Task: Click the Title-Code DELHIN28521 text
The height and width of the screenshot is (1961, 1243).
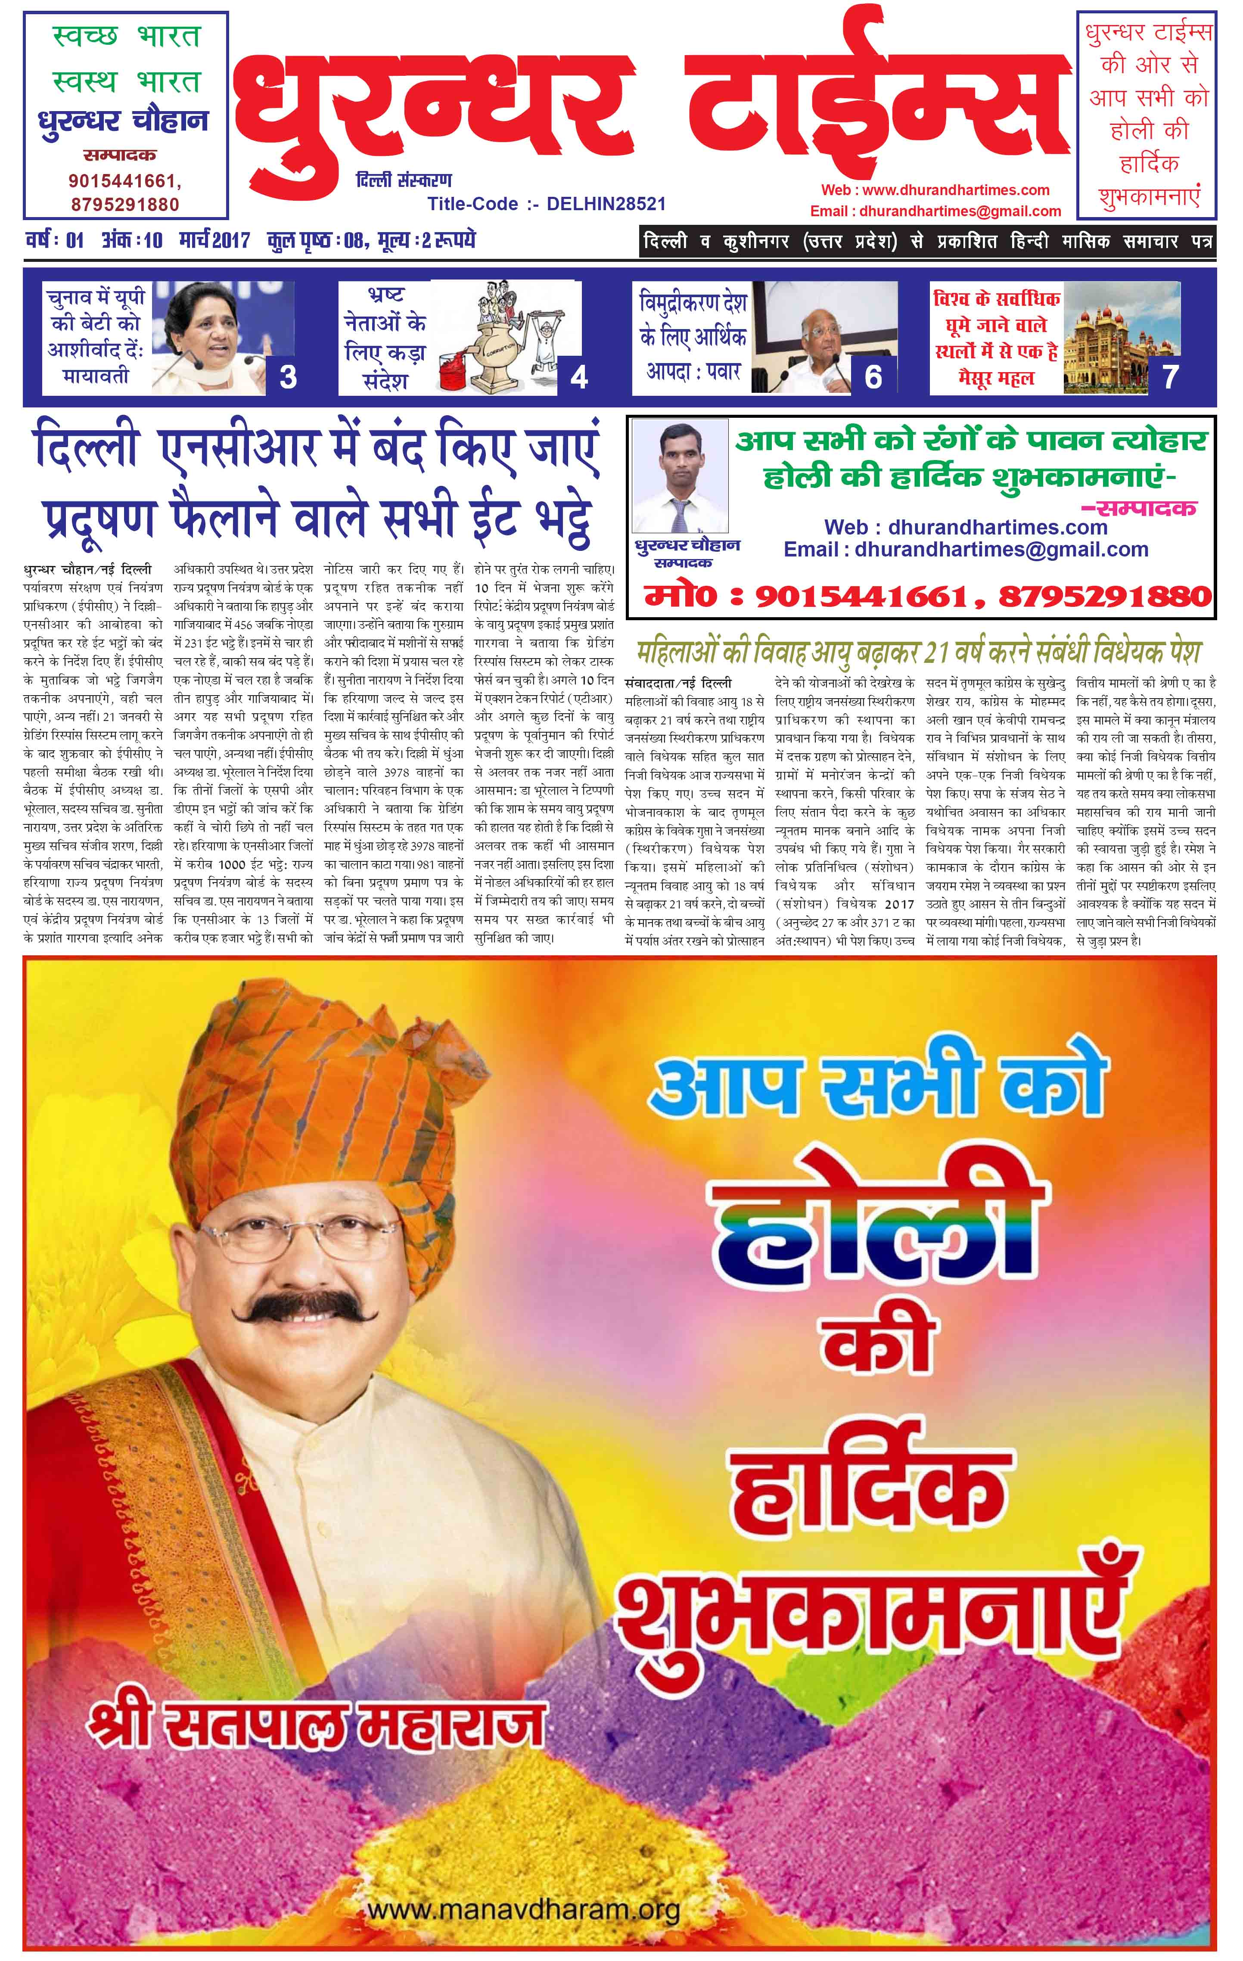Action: click(547, 204)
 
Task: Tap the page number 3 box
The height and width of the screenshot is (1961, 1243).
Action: click(288, 376)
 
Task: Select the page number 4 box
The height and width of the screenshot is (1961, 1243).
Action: click(578, 376)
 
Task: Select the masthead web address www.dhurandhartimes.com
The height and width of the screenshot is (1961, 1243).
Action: click(935, 190)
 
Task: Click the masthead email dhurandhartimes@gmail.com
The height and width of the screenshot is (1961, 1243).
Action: click(935, 211)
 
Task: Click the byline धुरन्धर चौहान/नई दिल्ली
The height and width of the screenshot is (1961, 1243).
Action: click(88, 570)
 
